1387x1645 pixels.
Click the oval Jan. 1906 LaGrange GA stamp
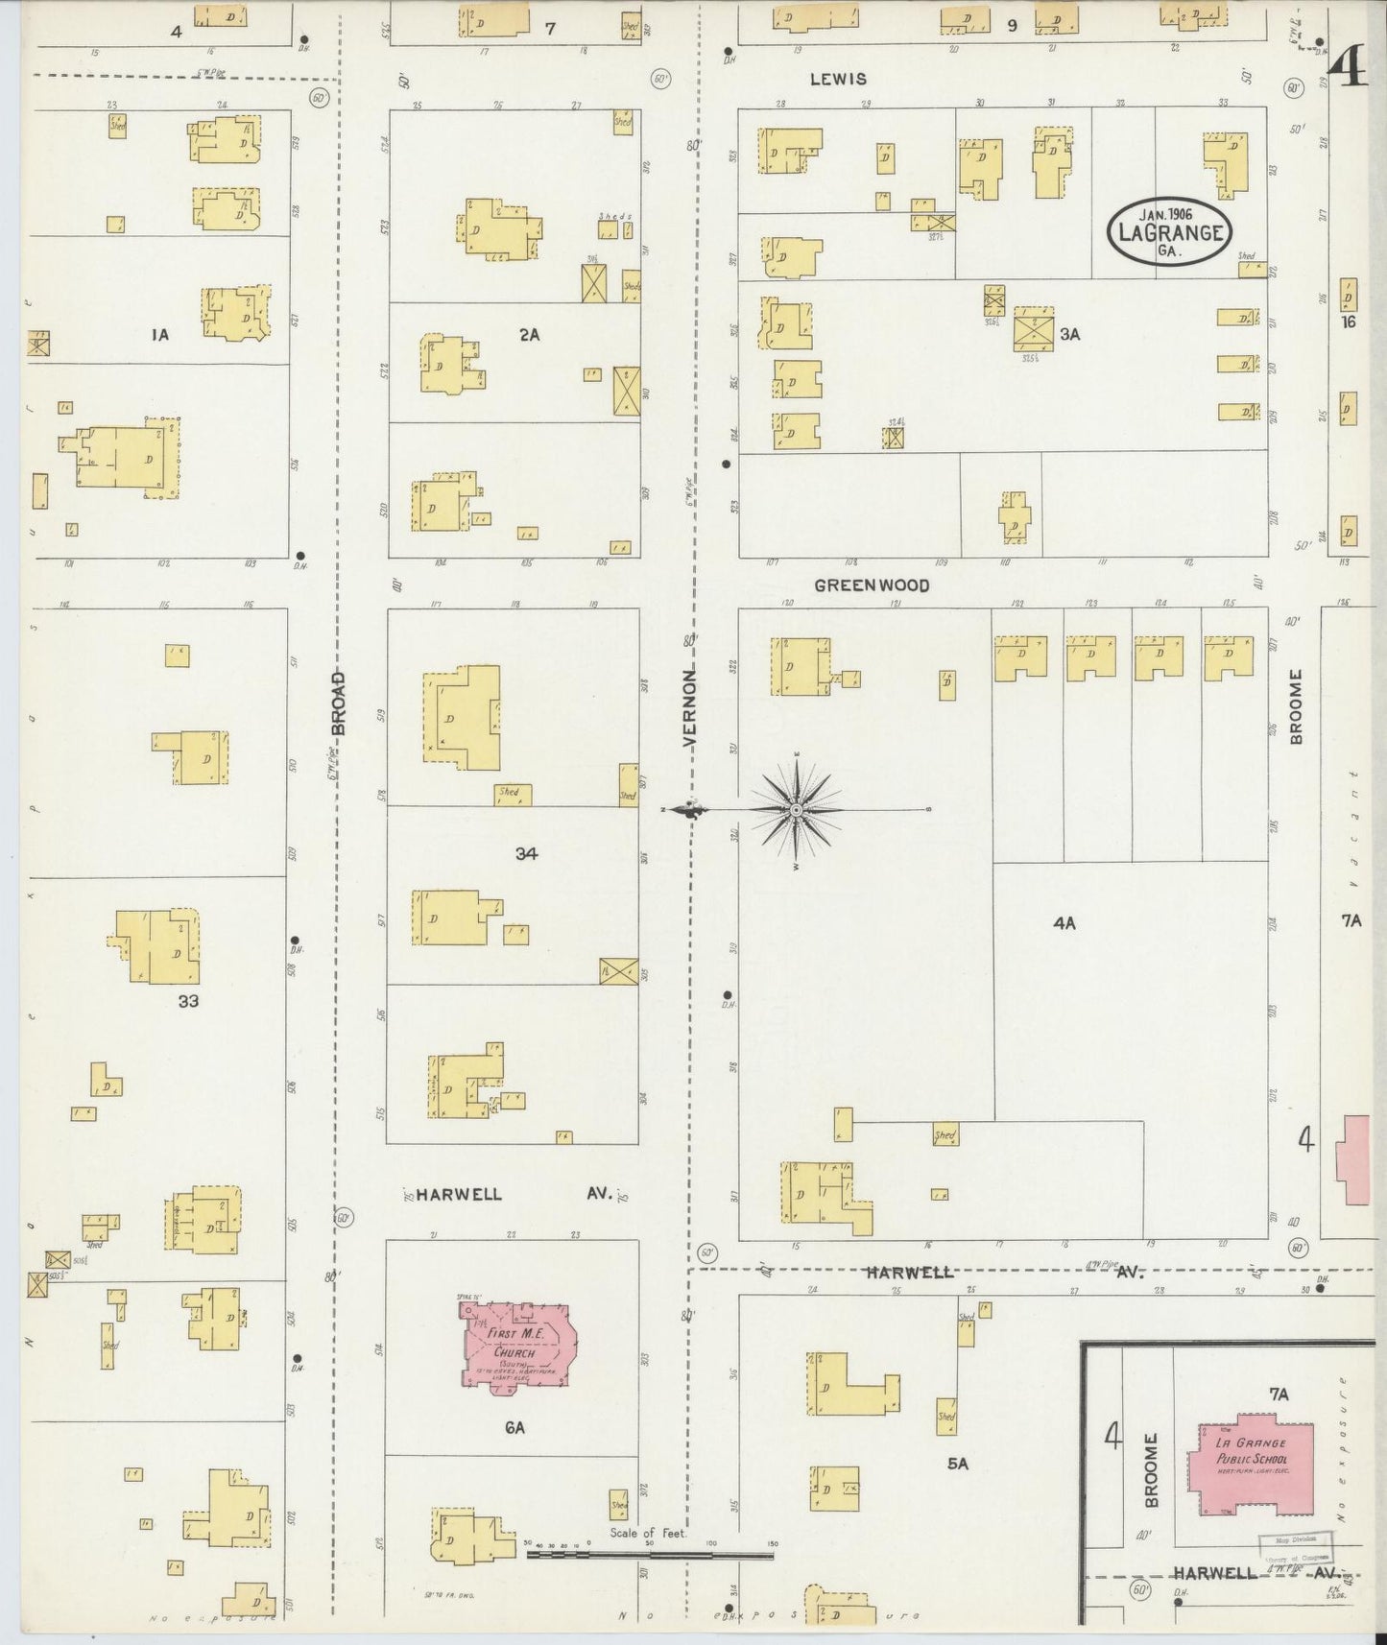click(x=1169, y=230)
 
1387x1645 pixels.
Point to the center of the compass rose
click(x=796, y=811)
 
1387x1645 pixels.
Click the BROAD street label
click(x=338, y=703)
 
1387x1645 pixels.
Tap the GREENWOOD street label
click(x=872, y=584)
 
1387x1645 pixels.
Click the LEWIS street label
click(x=838, y=80)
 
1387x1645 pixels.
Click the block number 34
click(x=525, y=852)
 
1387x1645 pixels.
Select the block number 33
click(x=188, y=1001)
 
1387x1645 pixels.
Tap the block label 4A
click(x=1064, y=923)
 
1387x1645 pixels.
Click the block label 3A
click(x=1070, y=334)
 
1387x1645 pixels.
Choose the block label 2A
click(x=529, y=335)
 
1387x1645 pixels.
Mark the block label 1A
click(x=159, y=335)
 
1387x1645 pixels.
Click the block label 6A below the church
click(x=514, y=1428)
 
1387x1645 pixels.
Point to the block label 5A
click(x=958, y=1465)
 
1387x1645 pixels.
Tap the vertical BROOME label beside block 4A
click(x=1297, y=707)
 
